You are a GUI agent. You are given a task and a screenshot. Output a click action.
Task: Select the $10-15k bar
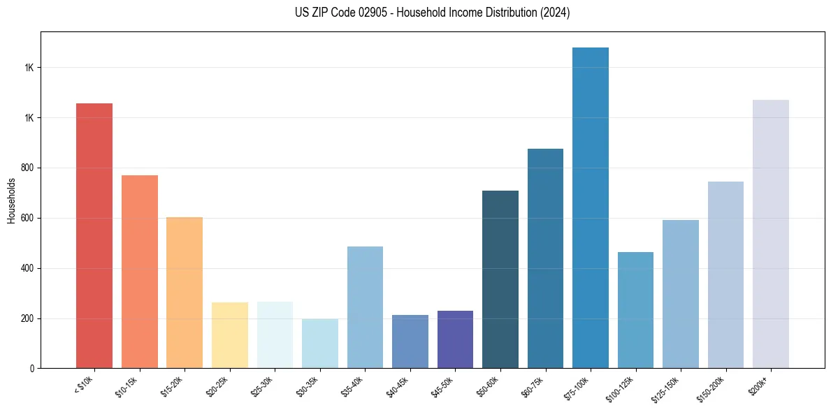tap(140, 272)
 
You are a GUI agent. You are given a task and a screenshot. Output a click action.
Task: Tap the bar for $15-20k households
tap(185, 293)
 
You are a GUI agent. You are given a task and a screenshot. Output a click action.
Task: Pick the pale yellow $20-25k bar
tap(230, 335)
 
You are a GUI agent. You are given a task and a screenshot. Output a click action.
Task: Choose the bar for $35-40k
tap(365, 307)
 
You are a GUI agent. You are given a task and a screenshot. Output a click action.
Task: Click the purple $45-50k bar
tap(455, 339)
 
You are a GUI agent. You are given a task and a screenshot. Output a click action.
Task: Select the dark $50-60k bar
tap(500, 279)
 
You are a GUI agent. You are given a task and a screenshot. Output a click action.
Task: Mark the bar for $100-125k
tap(635, 310)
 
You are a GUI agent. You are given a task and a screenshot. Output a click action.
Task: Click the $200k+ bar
tap(771, 234)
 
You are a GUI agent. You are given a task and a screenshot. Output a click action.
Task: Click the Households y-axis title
tap(11, 200)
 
